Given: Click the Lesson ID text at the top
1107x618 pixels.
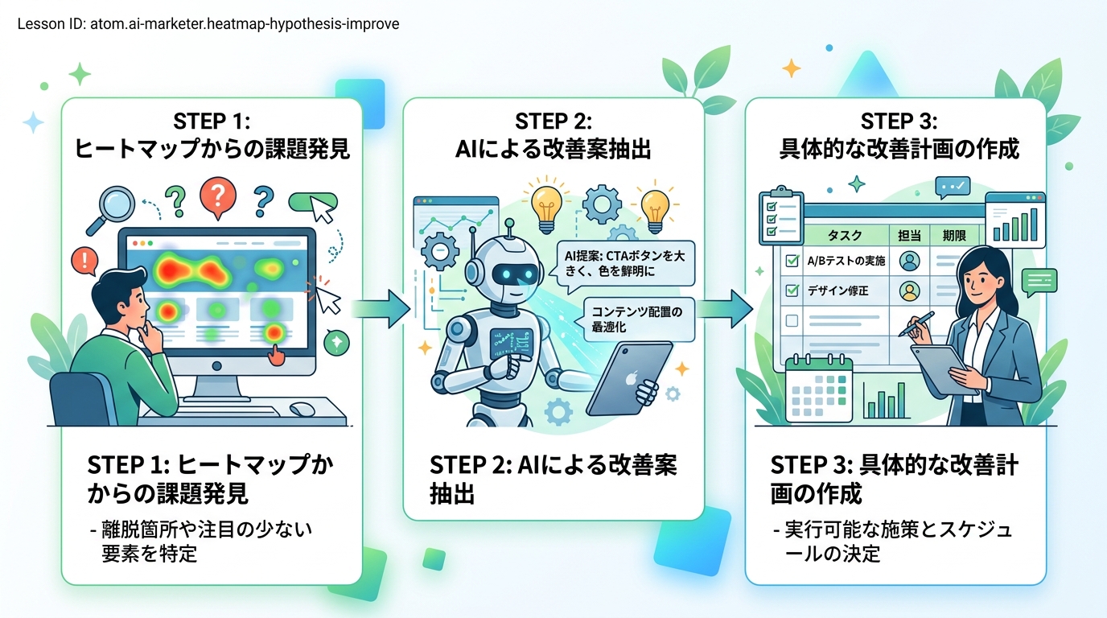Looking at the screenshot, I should coord(208,24).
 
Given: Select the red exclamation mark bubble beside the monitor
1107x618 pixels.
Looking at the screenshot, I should coord(83,260).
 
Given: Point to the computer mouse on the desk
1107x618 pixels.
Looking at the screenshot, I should coord(302,409).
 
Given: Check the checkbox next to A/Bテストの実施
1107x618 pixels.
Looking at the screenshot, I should coord(791,262).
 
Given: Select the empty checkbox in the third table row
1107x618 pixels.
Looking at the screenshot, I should coord(791,320).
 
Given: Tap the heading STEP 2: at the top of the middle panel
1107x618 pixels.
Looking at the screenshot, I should coord(553,122).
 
